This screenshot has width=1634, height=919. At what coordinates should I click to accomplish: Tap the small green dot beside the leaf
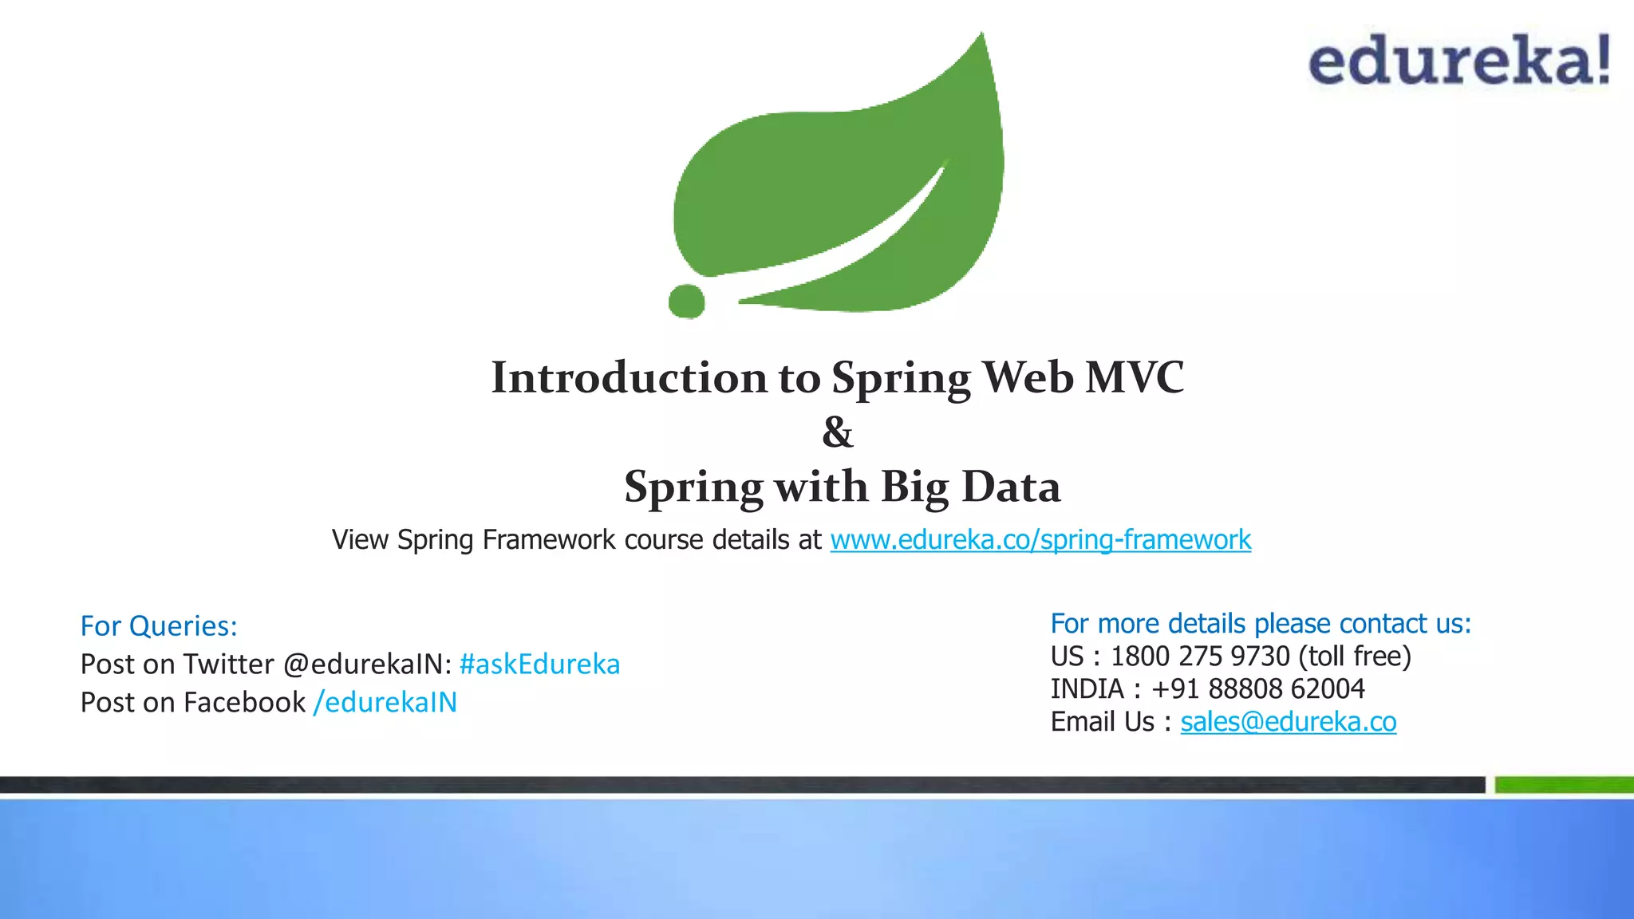click(686, 301)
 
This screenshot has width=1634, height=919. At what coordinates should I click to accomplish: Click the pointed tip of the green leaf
click(981, 37)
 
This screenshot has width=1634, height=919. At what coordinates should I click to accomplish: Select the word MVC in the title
click(1135, 377)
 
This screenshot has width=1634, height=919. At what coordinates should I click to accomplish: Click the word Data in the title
click(1011, 487)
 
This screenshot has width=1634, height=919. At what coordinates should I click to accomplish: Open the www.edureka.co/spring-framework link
click(1040, 540)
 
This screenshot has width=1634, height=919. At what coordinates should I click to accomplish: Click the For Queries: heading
click(159, 626)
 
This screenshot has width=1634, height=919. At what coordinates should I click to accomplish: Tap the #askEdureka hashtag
click(539, 664)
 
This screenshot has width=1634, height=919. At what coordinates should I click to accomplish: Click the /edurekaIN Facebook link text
click(385, 702)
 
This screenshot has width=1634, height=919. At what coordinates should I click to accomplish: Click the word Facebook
click(244, 702)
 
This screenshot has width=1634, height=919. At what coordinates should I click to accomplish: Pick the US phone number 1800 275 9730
click(1200, 657)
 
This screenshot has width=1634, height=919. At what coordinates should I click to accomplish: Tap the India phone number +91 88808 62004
click(1258, 688)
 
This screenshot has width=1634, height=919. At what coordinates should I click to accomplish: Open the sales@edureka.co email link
click(1289, 722)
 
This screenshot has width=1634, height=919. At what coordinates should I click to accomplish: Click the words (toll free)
click(1355, 657)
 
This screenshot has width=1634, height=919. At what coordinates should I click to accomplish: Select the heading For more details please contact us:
click(1261, 623)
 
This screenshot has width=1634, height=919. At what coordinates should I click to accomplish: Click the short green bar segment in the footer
click(1564, 785)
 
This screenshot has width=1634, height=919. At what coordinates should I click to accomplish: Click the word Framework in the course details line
click(549, 540)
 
